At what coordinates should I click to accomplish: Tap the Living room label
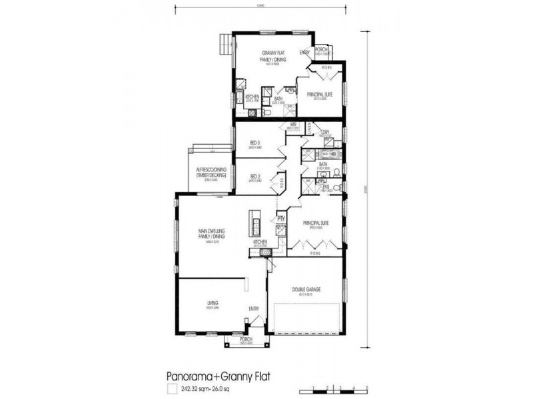213,304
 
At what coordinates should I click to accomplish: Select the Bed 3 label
255,142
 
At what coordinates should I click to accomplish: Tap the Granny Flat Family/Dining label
273,58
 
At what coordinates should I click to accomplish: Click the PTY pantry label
282,217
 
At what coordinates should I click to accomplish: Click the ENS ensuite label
326,187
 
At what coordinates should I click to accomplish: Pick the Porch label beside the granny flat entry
320,49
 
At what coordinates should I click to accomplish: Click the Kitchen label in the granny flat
253,97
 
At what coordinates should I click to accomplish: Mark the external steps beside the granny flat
225,47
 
